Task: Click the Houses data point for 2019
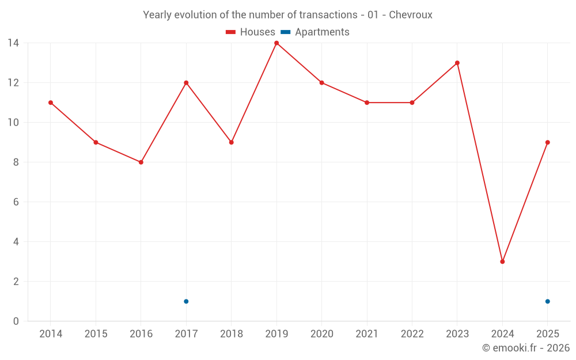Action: (x=276, y=43)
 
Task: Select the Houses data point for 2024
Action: (x=502, y=262)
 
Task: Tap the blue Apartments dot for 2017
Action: (x=186, y=301)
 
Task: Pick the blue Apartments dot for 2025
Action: (x=548, y=301)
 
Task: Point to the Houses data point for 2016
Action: (x=141, y=162)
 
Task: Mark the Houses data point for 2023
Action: (x=457, y=63)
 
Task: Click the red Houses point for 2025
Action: (x=548, y=142)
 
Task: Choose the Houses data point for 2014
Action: (x=51, y=103)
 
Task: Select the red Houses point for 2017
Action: (x=186, y=82)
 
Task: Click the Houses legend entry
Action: (x=251, y=32)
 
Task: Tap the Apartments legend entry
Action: (x=315, y=32)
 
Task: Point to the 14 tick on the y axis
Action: (x=13, y=43)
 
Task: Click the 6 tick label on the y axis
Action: (x=16, y=202)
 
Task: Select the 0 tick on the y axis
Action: (x=16, y=321)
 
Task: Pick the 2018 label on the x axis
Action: (x=232, y=334)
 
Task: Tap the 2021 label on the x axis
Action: (x=367, y=334)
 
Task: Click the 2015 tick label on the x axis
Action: (x=96, y=334)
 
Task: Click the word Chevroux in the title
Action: (x=411, y=15)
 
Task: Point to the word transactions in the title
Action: (x=328, y=15)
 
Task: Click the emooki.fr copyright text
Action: (x=526, y=347)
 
